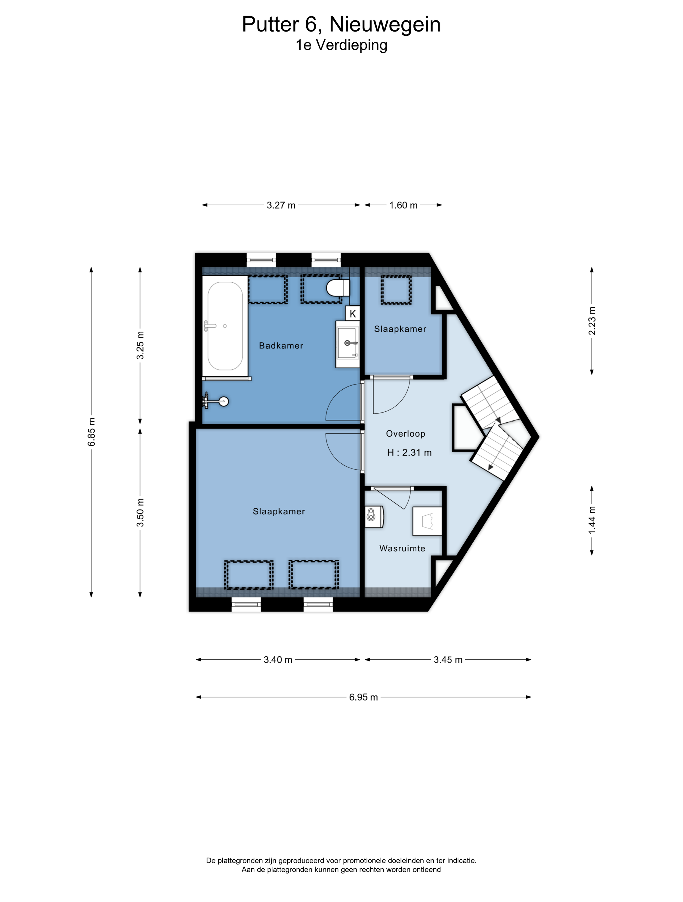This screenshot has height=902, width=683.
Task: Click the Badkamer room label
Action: tap(281, 346)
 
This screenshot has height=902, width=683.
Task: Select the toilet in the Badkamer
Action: tap(338, 288)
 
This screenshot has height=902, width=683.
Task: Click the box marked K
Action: tap(353, 314)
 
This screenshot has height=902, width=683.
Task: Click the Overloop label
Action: tap(406, 434)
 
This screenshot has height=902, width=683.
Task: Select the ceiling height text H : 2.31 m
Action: tap(409, 453)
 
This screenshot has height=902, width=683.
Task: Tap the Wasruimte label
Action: tap(402, 548)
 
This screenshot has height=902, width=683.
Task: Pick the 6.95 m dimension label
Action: tap(363, 697)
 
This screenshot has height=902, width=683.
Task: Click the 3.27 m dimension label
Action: tap(281, 205)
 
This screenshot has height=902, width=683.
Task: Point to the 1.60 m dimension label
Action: tap(403, 205)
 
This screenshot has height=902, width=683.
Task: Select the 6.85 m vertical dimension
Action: tap(91, 432)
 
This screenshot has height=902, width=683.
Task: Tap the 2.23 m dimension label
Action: tap(592, 321)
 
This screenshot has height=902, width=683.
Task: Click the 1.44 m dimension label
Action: tap(592, 520)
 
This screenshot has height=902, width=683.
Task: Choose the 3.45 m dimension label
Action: tap(448, 660)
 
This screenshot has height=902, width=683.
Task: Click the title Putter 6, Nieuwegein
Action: tap(341, 24)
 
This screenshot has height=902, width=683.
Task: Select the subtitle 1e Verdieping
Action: tap(341, 45)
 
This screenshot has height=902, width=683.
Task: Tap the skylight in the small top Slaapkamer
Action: tap(396, 290)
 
